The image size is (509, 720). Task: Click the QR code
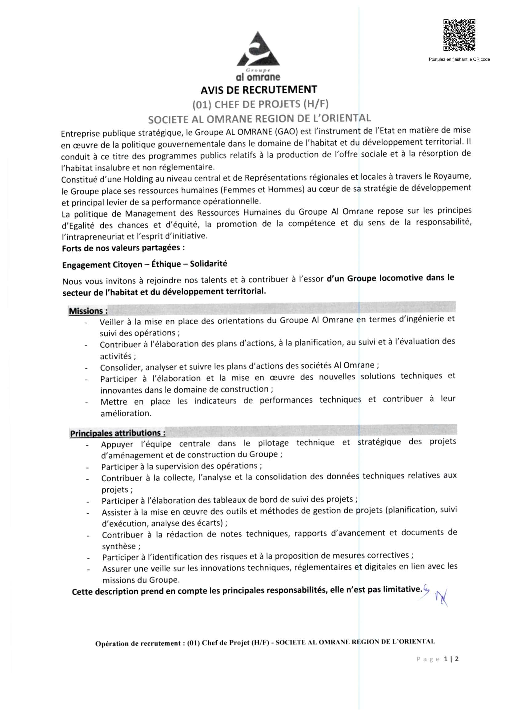tap(459, 35)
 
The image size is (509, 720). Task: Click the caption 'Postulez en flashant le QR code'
tap(459, 59)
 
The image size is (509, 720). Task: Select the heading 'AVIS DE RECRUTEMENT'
tap(259, 90)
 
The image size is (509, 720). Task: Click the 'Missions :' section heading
tap(88, 311)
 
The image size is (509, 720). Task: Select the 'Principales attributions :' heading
tap(118, 433)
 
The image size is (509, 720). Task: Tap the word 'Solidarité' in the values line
tap(208, 264)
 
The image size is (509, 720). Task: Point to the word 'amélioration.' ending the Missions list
tap(126, 413)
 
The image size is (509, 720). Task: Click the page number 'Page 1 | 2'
tap(437, 659)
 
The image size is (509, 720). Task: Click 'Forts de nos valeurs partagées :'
tap(123, 248)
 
